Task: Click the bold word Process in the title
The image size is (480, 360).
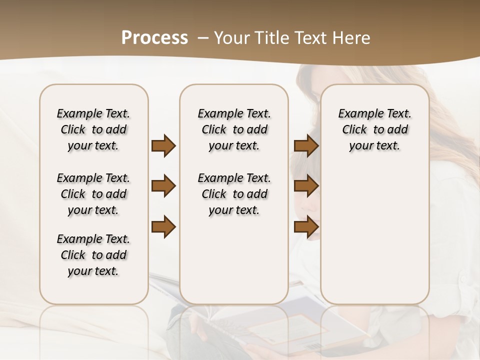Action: click(x=154, y=38)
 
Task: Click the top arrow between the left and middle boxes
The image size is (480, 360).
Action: click(x=163, y=145)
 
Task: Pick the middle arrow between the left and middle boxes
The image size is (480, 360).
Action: click(x=163, y=186)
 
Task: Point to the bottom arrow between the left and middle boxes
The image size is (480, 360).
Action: click(x=163, y=227)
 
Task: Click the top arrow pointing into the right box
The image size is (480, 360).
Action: click(x=306, y=145)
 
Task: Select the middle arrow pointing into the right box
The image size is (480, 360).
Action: click(x=306, y=186)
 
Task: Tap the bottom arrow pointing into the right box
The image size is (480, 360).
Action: click(x=306, y=227)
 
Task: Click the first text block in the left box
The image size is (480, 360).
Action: click(x=93, y=129)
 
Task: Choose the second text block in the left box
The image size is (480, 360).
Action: click(x=93, y=194)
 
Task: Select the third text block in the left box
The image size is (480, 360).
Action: click(x=93, y=255)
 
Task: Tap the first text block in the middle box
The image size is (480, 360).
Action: click(x=234, y=129)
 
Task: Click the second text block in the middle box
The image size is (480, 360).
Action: click(x=234, y=194)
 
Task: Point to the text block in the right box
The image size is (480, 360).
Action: click(x=374, y=129)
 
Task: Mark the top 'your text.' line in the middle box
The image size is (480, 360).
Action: click(x=234, y=146)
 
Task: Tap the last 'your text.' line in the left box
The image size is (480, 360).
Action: click(x=93, y=271)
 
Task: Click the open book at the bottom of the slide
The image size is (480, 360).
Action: click(x=270, y=325)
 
